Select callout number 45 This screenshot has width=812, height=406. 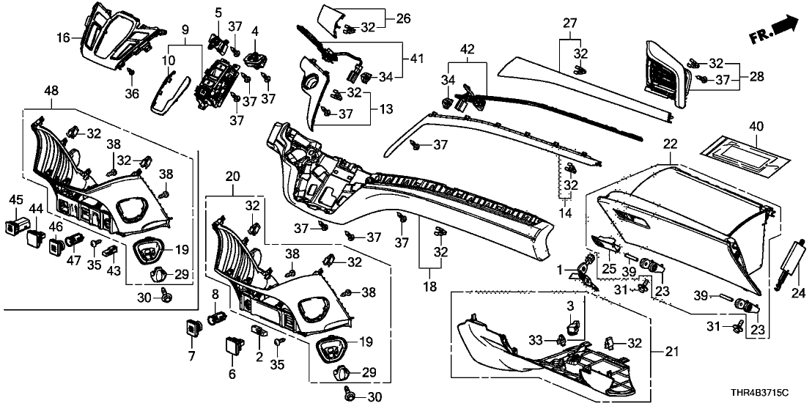15,199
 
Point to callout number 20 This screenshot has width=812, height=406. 232,177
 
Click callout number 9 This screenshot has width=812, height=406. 185,32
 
